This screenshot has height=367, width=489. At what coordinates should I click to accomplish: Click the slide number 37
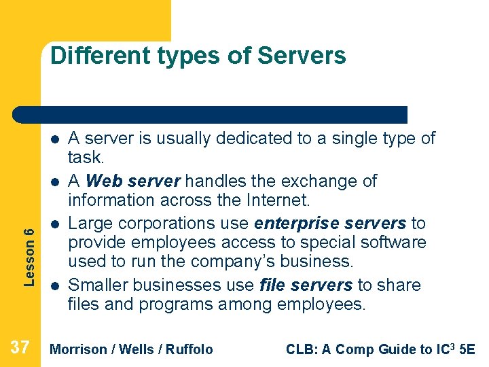coord(20,348)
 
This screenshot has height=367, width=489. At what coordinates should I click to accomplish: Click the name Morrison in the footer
coord(79,349)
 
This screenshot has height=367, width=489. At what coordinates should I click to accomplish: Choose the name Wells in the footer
coord(134,349)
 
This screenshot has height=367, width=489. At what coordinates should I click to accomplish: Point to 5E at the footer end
coord(467,349)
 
